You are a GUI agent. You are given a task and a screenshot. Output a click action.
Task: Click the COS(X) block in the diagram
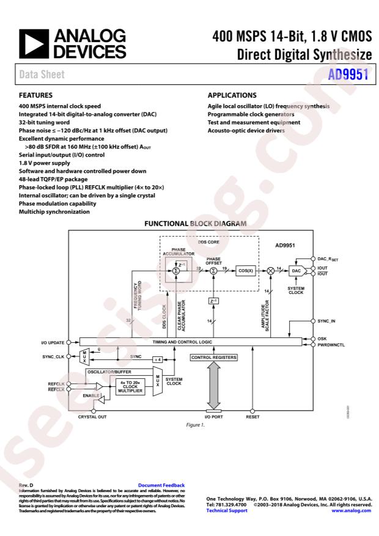tap(246, 270)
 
